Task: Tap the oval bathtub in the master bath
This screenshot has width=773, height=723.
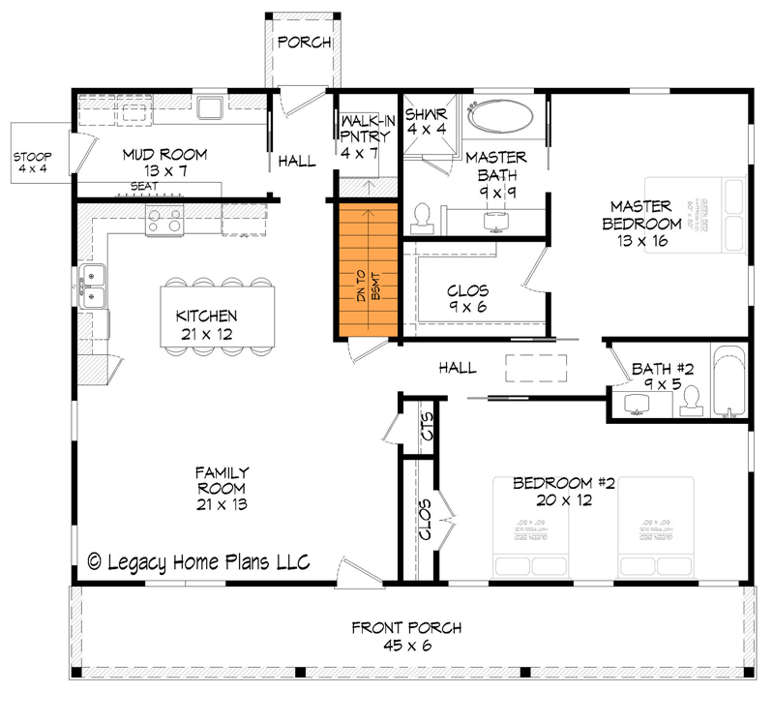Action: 500,118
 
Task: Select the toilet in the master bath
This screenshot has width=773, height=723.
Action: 422,219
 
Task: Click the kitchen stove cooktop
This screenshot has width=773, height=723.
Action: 164,222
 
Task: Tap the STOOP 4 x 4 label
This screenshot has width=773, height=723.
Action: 32,163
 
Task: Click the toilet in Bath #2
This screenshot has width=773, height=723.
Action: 691,402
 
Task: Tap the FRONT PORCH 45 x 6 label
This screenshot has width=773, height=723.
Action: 405,636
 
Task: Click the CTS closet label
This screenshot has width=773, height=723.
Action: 426,426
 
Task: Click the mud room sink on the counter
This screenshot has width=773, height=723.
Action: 210,106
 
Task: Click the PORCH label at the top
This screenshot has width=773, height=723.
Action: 305,43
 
